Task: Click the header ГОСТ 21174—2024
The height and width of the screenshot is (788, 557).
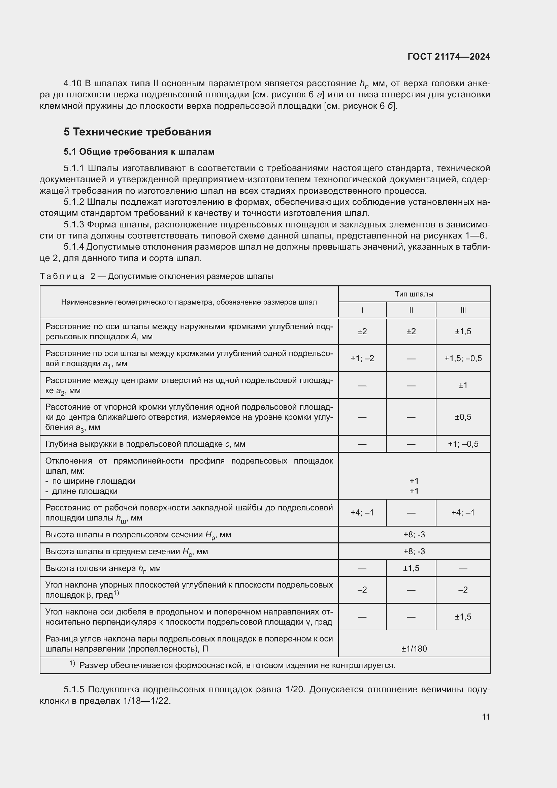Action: coord(449,57)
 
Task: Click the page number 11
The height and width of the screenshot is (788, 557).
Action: coord(486,717)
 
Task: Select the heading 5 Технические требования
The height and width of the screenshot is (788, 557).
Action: coord(137,132)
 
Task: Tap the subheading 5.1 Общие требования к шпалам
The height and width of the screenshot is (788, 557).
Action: coord(139,151)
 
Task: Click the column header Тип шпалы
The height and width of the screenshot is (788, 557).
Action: coord(414,294)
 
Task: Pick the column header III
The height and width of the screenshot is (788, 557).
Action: coord(463,310)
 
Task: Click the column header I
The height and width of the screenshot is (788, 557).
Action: coord(362,310)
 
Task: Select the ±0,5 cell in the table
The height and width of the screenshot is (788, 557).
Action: coord(463,417)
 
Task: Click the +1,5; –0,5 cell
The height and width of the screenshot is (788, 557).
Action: coord(463,358)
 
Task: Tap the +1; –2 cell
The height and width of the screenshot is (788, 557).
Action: coord(362,358)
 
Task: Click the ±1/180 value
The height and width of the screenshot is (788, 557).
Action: coord(414,649)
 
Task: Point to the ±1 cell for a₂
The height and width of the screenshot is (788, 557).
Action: coord(463,385)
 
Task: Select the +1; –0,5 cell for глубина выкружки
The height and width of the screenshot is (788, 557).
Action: coord(463,444)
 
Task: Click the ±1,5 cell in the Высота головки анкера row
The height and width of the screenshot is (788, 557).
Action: coord(411,568)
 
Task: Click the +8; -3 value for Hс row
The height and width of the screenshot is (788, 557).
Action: coord(414,551)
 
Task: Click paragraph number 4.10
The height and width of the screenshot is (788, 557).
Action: coord(72,84)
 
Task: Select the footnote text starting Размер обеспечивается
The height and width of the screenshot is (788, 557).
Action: coord(237,665)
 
